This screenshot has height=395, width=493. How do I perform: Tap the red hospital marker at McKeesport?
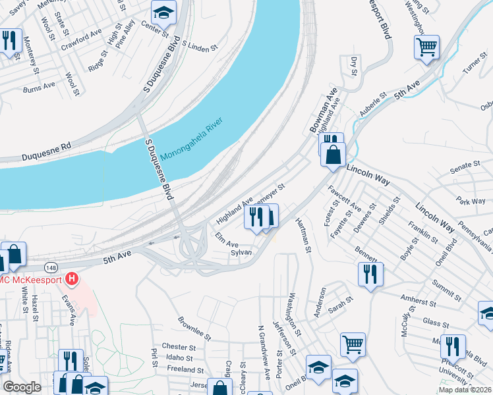(x=72, y=280)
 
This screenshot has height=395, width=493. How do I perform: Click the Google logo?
(x=22, y=387)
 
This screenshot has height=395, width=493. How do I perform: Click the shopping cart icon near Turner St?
(x=426, y=47)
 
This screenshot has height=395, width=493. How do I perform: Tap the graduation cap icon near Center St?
(x=162, y=12)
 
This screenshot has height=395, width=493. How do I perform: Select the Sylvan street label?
(x=241, y=252)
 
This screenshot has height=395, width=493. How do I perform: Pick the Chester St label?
(x=179, y=347)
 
